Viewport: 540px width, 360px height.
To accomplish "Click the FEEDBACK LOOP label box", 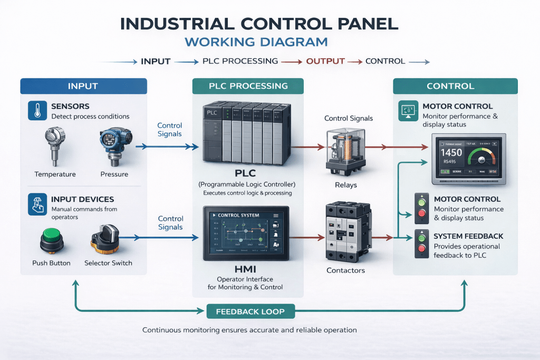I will click(x=250, y=312).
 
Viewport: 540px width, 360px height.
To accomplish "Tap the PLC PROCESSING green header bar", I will click(x=248, y=86).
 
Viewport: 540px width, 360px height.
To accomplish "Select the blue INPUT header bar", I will click(x=83, y=86).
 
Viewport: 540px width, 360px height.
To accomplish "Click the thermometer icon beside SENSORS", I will click(x=36, y=111).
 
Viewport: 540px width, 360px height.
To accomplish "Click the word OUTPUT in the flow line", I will click(x=325, y=61).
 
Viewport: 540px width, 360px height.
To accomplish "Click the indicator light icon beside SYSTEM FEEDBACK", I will click(x=421, y=243).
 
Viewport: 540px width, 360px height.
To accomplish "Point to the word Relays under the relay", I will click(x=346, y=185).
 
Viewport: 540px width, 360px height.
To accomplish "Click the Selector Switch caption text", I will click(x=108, y=263).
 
